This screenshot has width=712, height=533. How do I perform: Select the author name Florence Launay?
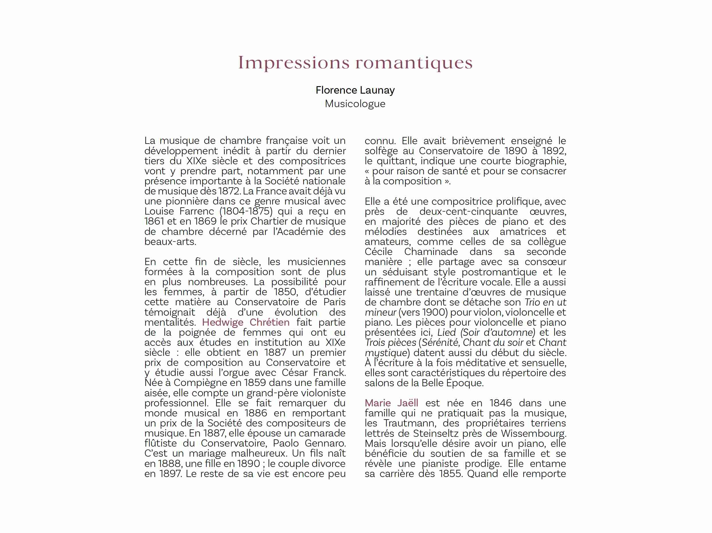point(355,90)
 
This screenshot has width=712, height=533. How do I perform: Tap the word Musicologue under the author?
point(355,104)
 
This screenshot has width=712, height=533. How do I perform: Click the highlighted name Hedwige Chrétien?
point(246,322)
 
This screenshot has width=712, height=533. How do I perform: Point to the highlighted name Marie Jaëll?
point(391,403)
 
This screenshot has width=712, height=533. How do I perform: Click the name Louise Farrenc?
point(179,211)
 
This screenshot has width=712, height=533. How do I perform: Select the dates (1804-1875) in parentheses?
point(246,211)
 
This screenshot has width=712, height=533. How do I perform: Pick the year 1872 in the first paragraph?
point(229,191)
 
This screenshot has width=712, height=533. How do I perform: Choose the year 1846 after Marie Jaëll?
point(501,403)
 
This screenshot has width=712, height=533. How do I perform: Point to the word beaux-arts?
point(170,242)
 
